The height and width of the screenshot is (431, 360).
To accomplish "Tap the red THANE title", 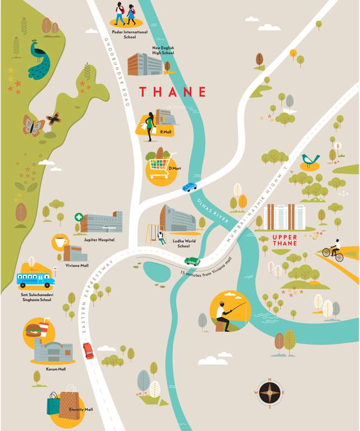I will point(172,91).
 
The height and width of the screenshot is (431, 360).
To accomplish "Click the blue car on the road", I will point(190,187).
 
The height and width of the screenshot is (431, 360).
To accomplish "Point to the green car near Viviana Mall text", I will point(192,261).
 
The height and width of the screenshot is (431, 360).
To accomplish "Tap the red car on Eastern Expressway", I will point(88,351).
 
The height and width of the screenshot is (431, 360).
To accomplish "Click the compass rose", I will point(269,392).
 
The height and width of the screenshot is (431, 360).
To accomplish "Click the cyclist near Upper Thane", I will point(334,251).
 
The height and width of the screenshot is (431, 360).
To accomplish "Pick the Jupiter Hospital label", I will point(99,240).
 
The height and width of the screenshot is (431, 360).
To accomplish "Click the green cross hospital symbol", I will point(79,217).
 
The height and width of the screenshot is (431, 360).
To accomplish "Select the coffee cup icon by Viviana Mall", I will point(60,242).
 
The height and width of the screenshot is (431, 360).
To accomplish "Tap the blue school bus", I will point(35,279).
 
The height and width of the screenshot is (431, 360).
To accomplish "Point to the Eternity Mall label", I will point(81,410).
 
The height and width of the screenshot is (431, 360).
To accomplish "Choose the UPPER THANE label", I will point(285,244).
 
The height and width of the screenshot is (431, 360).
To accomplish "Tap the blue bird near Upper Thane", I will point(309,160).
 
